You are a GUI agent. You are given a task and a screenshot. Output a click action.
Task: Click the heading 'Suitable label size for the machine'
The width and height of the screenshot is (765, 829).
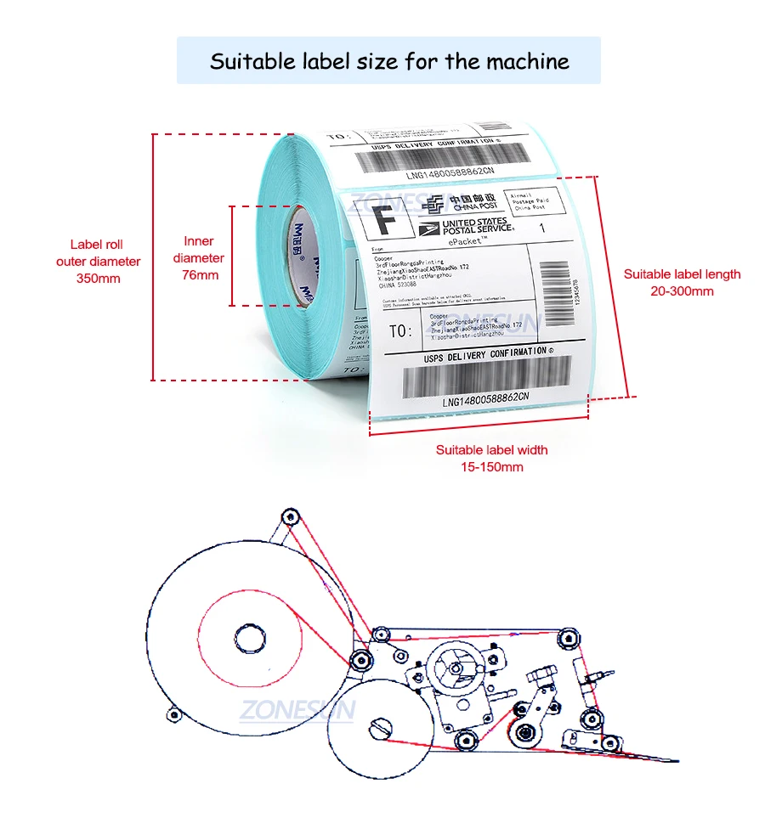[x=389, y=61]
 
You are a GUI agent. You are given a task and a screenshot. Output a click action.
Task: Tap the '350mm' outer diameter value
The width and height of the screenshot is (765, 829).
[x=99, y=278]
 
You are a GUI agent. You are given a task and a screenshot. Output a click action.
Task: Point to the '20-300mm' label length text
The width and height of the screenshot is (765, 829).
[x=682, y=290]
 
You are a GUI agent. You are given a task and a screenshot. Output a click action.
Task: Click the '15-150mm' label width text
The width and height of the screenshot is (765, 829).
[x=491, y=466]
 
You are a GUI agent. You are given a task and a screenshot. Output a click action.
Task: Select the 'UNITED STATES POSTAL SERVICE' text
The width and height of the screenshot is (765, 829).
[x=476, y=225]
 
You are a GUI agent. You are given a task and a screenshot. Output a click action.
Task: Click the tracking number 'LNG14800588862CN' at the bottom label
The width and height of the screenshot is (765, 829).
[x=485, y=397]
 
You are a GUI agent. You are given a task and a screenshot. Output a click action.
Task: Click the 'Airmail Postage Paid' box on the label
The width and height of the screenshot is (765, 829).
[x=530, y=200]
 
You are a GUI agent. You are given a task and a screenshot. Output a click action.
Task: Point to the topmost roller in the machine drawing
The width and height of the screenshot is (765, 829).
[x=290, y=516]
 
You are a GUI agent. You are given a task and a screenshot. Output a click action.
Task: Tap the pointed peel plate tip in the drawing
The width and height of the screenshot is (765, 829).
[x=676, y=759]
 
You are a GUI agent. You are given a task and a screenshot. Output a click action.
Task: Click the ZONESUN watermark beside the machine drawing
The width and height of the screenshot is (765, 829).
[x=297, y=709]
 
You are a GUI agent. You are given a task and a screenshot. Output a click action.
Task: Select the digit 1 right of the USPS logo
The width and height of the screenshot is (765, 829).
[x=543, y=228]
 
